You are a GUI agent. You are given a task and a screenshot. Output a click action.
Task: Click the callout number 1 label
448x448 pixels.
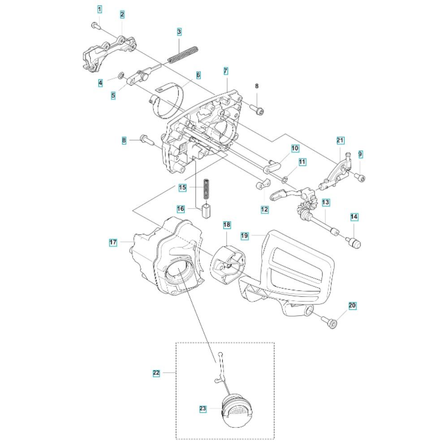point(99,9)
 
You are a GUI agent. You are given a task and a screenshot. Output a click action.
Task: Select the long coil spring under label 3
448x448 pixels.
point(183,54)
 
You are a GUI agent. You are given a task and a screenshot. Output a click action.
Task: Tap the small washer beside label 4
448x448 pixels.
point(121,75)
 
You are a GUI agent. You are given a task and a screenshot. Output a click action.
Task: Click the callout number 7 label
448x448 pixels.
point(226,71)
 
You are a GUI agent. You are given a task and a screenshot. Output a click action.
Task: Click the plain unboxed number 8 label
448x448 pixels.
point(257,86)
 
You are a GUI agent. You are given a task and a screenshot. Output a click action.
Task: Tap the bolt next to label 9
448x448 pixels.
point(361,178)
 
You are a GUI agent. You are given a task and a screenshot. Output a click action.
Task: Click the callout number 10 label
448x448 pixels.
point(295,148)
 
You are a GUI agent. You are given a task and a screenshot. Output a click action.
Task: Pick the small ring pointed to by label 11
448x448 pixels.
point(284,180)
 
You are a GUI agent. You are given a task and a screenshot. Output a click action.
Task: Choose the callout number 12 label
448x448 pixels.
point(265,209)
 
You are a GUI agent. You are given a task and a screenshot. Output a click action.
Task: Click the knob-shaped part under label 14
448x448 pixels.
point(354,243)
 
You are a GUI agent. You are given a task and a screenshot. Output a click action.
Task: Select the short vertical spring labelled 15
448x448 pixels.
point(206,189)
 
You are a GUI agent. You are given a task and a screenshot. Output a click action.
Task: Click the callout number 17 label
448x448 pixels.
point(113,242)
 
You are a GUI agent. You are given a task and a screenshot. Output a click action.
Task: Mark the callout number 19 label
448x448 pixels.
point(245,236)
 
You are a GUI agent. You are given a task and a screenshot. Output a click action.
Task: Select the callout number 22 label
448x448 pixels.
point(156,373)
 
